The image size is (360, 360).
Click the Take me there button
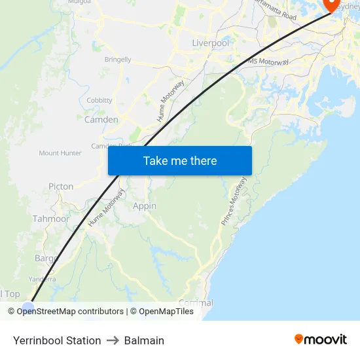[180, 160]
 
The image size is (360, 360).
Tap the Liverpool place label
[211, 43]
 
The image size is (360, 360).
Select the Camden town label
[101, 120]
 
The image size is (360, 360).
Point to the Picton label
[61, 187]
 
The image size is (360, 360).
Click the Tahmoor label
[51, 219]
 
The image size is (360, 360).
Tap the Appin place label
[145, 206]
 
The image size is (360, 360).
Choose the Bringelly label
[118, 59]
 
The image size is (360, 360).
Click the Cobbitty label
[99, 100]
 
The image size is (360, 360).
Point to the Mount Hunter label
[60, 153]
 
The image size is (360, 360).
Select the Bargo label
[46, 259]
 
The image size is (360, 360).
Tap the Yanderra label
[43, 278]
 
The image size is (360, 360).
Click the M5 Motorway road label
[269, 62]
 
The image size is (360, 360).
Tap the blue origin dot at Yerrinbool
[28, 308]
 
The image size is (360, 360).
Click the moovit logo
[320, 339]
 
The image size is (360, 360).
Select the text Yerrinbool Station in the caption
[57, 340]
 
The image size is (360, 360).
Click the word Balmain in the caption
[144, 340]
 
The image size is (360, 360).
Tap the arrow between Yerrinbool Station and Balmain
[113, 340]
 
